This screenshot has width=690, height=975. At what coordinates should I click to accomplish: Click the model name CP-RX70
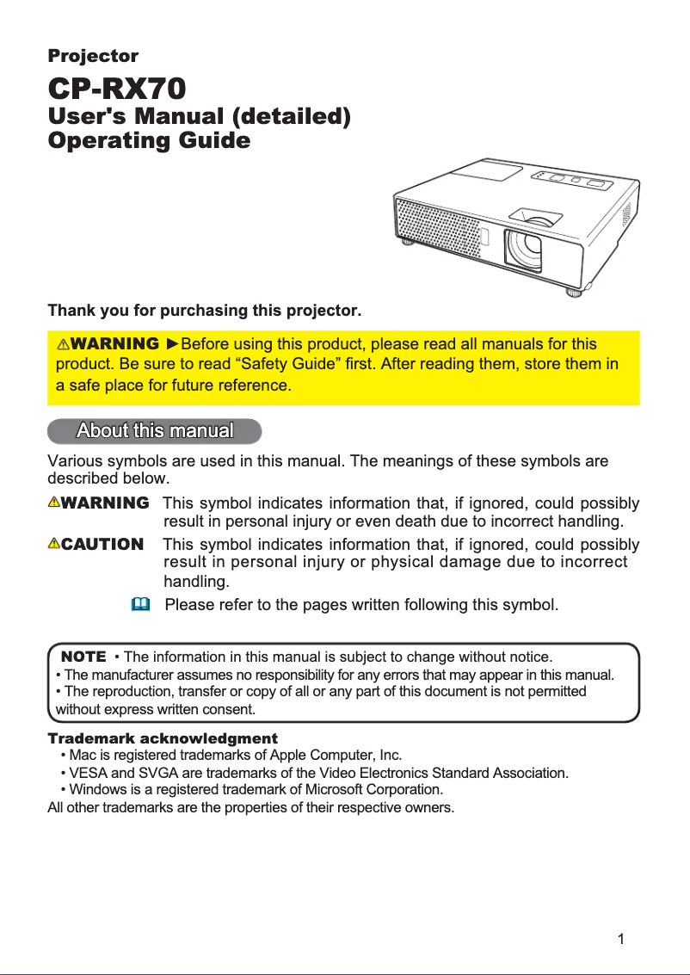[117, 88]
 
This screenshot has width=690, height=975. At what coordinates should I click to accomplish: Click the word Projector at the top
[93, 56]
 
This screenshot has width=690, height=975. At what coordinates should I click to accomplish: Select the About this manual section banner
[155, 429]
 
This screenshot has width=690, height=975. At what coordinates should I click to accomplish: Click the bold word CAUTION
[102, 544]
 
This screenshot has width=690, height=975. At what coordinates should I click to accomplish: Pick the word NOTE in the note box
[83, 657]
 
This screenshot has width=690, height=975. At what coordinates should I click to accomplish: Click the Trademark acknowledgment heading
[163, 738]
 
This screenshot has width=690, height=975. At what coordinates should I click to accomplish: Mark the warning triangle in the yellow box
[64, 345]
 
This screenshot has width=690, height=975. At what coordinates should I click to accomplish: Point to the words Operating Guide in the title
[149, 140]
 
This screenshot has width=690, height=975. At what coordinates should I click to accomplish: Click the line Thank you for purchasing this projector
[205, 309]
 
